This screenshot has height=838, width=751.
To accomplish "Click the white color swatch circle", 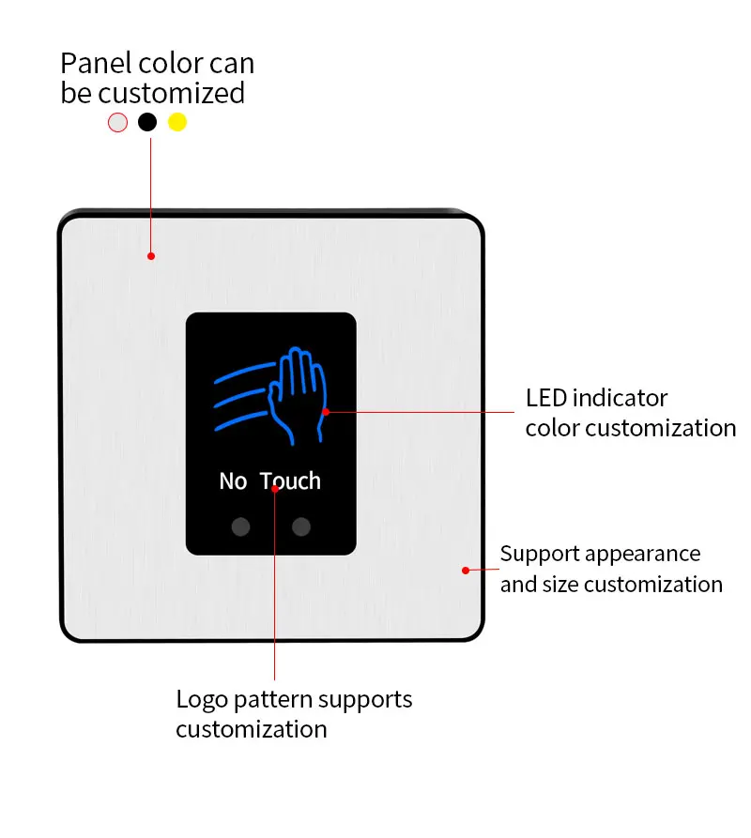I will [117, 122].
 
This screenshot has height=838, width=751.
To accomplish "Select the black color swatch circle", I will [147, 122].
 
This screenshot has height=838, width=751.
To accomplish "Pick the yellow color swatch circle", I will [177, 122].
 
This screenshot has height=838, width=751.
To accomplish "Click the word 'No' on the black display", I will [232, 481].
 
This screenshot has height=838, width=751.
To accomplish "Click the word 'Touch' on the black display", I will [291, 481].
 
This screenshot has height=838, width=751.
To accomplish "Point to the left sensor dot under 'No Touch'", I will [241, 526].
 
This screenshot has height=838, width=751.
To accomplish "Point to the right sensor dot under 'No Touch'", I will [300, 526].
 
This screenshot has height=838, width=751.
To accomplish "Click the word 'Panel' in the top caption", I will [93, 64].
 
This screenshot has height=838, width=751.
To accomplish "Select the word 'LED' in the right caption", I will [545, 398].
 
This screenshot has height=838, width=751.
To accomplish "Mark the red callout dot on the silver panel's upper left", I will [150, 255].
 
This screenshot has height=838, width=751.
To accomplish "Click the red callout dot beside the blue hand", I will [326, 411].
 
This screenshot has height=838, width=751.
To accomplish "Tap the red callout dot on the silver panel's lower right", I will [465, 570].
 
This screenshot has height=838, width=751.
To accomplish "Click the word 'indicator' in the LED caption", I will [620, 398].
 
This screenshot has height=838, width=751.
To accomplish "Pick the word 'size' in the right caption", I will [559, 585].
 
